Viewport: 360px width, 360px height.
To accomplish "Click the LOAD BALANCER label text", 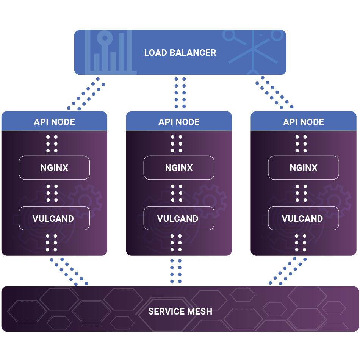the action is click(x=180, y=53).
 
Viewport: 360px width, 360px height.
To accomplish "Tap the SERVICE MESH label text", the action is click(x=180, y=311).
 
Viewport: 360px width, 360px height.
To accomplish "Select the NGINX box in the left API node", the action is click(x=55, y=167).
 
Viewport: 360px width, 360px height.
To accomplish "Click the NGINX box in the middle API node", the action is click(x=179, y=167).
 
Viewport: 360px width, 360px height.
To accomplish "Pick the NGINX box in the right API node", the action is click(x=304, y=167).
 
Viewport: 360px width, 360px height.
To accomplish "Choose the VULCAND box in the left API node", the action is click(x=55, y=218).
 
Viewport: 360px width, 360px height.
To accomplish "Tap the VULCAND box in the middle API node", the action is click(x=179, y=218).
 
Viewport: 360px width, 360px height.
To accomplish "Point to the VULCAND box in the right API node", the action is click(x=304, y=218).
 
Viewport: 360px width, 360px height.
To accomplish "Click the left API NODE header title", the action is click(x=55, y=122).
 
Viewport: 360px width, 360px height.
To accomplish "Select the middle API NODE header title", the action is click(x=179, y=122).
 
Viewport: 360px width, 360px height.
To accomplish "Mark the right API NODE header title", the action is click(x=304, y=122).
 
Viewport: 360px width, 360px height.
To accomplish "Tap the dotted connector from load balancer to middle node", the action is click(x=180, y=93).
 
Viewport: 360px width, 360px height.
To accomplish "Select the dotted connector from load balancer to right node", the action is click(x=274, y=92).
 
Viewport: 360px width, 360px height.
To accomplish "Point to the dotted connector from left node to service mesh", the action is click(x=69, y=272).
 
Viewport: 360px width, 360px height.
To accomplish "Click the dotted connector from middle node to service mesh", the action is click(x=176, y=271).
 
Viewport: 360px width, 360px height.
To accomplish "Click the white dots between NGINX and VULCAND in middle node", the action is click(x=177, y=193).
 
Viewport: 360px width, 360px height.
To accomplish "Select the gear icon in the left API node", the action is click(x=85, y=201).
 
